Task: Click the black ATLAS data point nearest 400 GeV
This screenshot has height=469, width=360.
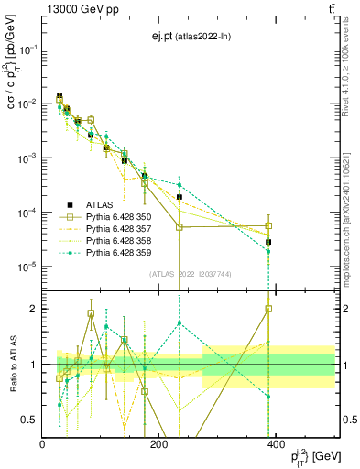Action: [268, 242]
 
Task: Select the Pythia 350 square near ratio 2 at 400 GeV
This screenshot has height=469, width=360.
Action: [268, 309]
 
